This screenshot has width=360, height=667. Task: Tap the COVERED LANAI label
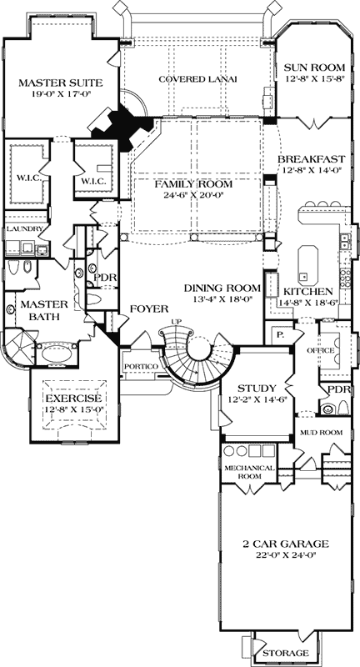pos(197,79)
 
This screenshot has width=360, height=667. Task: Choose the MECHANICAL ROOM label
pos(248,473)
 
